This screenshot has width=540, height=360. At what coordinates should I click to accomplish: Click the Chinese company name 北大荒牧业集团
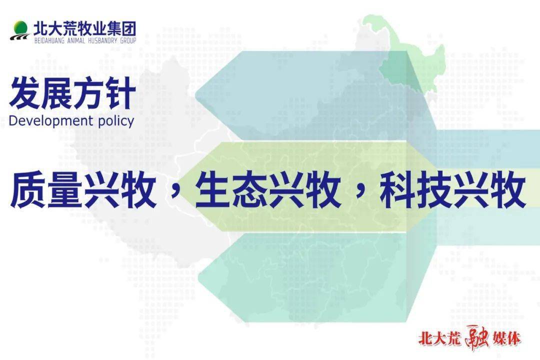84,28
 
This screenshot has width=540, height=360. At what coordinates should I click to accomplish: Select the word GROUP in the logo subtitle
128,40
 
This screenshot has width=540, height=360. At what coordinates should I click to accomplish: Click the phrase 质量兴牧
83,190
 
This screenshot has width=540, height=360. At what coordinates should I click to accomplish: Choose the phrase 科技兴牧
453,190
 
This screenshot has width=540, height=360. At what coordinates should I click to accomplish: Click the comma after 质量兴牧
175,197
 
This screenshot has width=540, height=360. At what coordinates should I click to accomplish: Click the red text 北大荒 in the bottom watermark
439,338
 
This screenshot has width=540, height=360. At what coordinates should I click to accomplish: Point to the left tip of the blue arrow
195,95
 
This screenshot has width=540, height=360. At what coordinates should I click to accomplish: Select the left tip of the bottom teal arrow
198,278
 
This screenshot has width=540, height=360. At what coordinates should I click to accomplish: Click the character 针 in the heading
120,93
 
